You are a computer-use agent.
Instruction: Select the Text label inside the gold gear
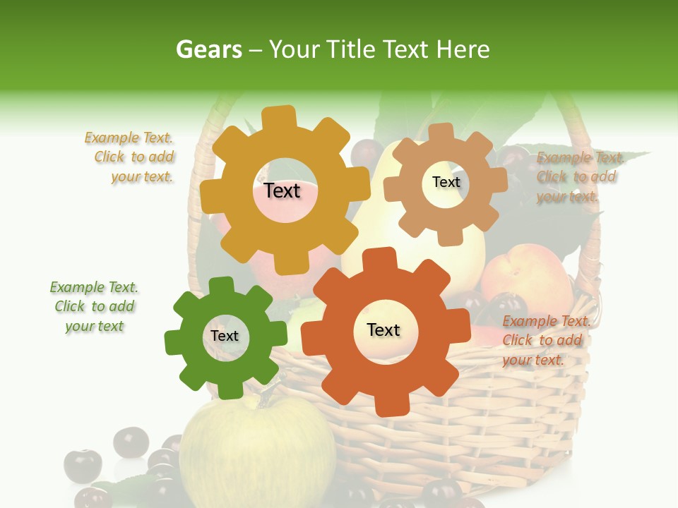[282, 190]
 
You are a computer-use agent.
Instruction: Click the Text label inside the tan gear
[446, 182]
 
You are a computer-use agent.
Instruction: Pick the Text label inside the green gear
[225, 336]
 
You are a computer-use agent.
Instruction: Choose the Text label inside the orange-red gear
[383, 329]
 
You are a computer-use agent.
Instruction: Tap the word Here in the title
[463, 49]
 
